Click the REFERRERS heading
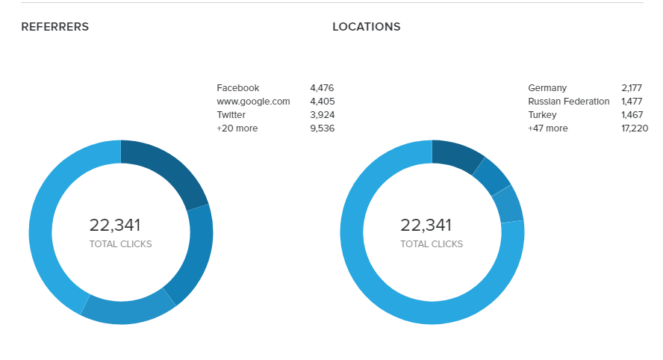(x=55, y=27)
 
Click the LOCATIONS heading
(x=366, y=27)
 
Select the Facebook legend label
(x=237, y=88)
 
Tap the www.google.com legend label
(x=253, y=102)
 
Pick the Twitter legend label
(x=231, y=115)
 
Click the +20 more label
(x=237, y=128)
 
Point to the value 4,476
(x=322, y=88)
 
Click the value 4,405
(x=322, y=102)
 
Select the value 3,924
(x=322, y=115)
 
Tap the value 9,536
(x=322, y=128)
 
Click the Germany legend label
(x=547, y=88)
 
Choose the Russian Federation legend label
(x=568, y=102)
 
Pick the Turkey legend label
(x=543, y=115)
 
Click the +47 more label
(x=547, y=128)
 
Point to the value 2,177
(x=632, y=88)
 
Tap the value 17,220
(x=634, y=128)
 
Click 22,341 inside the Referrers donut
(x=115, y=226)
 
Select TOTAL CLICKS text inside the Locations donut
(x=432, y=244)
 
